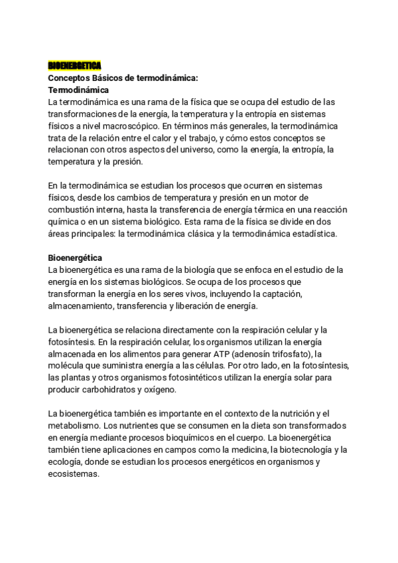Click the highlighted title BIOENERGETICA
(x=74, y=65)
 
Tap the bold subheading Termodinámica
(x=79, y=89)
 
